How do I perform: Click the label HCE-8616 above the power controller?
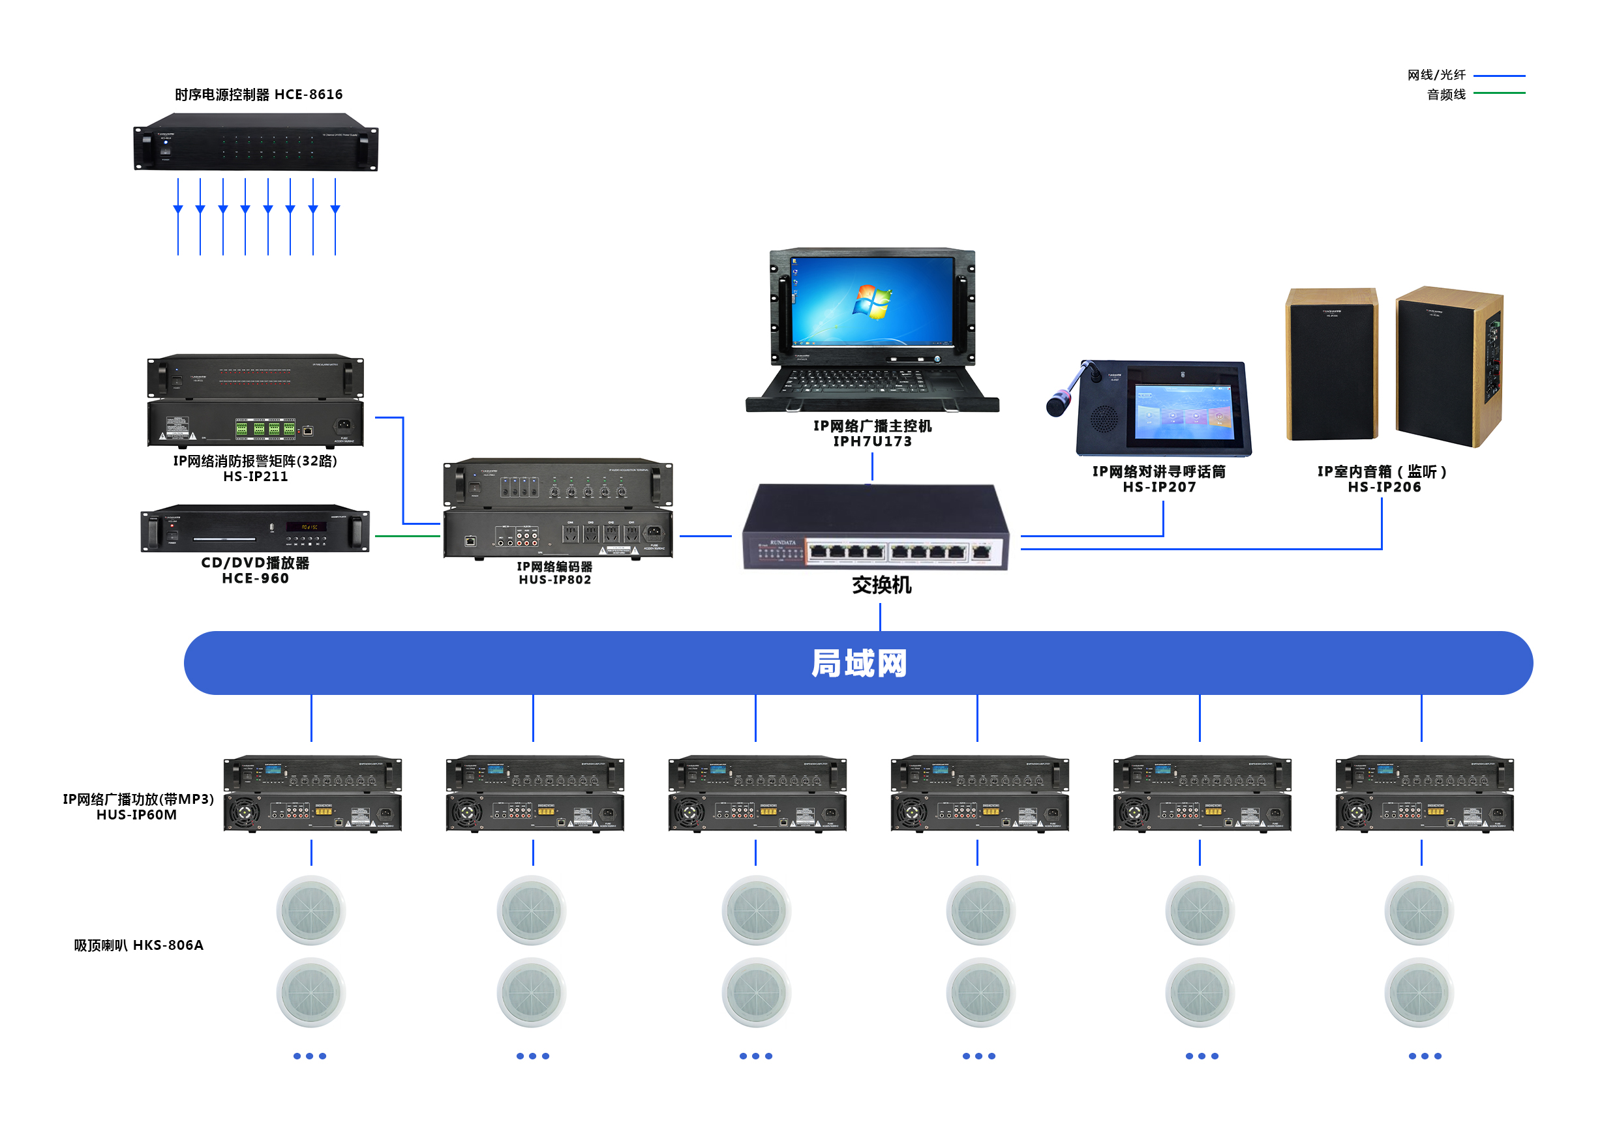(x=308, y=95)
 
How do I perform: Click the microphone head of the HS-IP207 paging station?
(x=1057, y=405)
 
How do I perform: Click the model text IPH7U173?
(x=872, y=441)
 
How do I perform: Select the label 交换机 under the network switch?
(x=881, y=585)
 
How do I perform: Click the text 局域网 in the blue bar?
(x=858, y=663)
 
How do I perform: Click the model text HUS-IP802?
(x=555, y=580)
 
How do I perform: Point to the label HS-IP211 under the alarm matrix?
(x=256, y=477)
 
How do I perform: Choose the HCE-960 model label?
(x=256, y=579)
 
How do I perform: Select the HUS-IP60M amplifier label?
(x=136, y=815)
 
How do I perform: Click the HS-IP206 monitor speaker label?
(x=1384, y=487)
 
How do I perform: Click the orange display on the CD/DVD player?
(x=307, y=527)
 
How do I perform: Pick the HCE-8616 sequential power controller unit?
(x=256, y=143)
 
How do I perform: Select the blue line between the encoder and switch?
(x=705, y=537)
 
